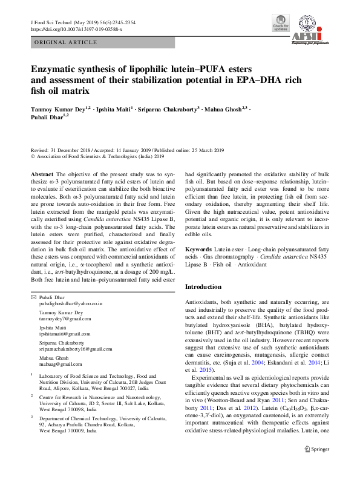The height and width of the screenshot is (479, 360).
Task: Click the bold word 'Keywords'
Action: [x=198, y=249]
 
